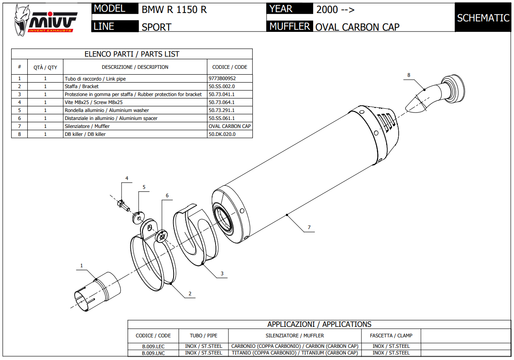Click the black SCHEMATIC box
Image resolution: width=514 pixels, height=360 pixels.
click(483, 18)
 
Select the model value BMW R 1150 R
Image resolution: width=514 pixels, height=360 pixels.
click(174, 10)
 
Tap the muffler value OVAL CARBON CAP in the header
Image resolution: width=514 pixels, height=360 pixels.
click(357, 27)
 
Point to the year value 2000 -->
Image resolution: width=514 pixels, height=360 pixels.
click(335, 10)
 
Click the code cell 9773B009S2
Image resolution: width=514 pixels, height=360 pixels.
click(222, 78)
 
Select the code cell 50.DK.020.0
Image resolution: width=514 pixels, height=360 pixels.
click(222, 134)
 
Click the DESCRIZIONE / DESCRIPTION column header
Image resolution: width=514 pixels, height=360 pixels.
click(135, 67)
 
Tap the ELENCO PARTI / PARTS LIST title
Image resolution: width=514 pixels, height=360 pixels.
click(132, 54)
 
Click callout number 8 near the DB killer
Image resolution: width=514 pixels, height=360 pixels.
click(409, 75)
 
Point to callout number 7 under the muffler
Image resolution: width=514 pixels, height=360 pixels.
click(309, 227)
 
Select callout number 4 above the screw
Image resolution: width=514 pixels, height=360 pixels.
click(127, 179)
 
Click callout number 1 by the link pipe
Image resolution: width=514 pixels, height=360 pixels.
click(82, 265)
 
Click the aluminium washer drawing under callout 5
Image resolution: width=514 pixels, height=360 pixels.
click(138, 217)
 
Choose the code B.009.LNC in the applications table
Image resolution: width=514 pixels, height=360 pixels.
click(153, 353)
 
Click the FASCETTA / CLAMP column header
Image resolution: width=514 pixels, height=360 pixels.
click(391, 336)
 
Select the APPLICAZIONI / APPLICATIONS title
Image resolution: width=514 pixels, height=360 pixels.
click(319, 324)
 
